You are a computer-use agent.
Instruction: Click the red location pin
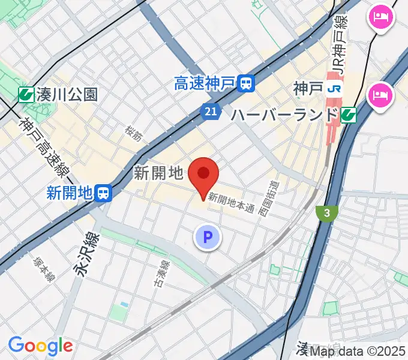click(x=203, y=175)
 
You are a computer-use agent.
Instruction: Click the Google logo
click(x=40, y=346)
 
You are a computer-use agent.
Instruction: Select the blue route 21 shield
click(x=209, y=112)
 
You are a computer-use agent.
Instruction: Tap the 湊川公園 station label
click(x=66, y=94)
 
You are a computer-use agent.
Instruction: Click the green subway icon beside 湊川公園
click(x=25, y=94)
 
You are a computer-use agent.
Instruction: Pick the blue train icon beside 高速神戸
click(x=245, y=83)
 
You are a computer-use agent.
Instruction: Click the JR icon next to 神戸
click(x=334, y=89)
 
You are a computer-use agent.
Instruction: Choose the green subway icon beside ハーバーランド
click(x=348, y=115)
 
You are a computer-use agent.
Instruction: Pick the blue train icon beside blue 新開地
click(x=104, y=193)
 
